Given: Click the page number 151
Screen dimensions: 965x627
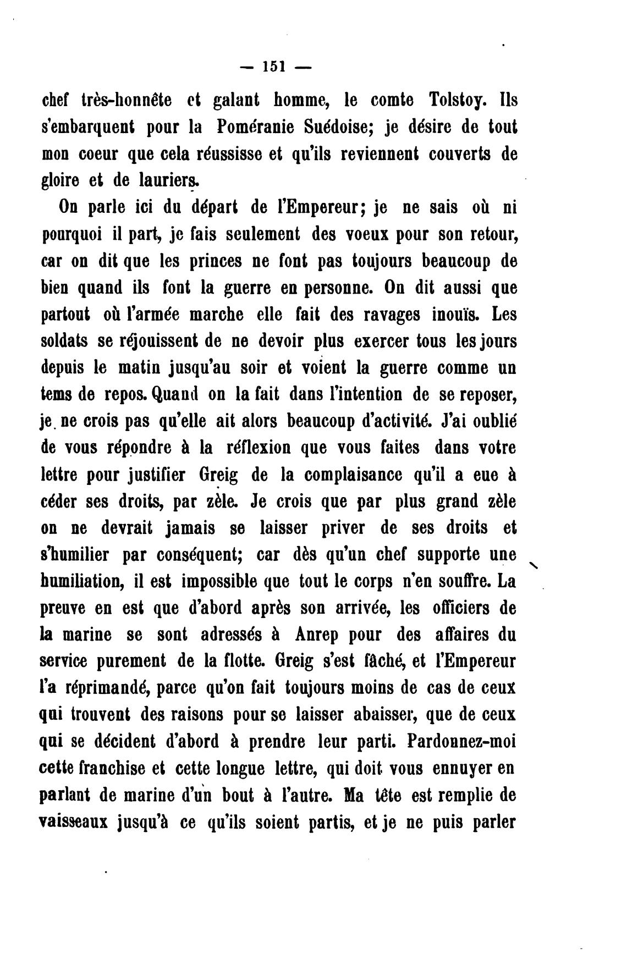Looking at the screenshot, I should [x=273, y=67].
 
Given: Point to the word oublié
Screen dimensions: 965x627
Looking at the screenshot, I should [x=488, y=422].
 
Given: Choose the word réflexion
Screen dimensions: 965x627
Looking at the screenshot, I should [x=260, y=448].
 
